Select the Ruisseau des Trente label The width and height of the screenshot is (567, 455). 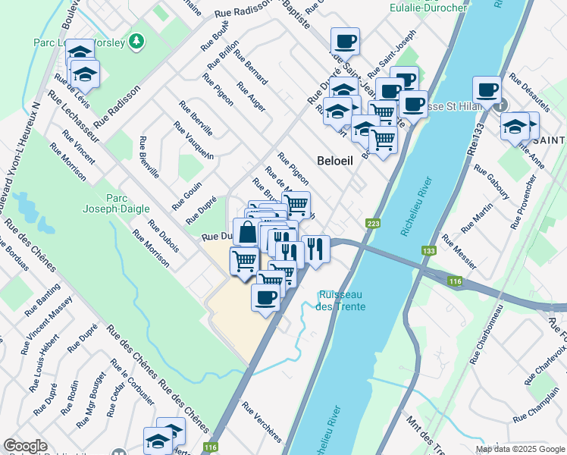pos(342,300)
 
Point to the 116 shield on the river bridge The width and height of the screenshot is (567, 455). pos(455,282)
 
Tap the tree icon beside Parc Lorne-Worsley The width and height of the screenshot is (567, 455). pos(136,41)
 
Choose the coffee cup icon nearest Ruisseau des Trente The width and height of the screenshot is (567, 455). pos(265,297)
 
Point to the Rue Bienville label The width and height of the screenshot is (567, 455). pos(148,157)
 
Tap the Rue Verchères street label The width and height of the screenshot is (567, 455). pos(262,423)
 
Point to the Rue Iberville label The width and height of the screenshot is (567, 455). pos(196,118)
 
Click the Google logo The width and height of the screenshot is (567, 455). pos(25,446)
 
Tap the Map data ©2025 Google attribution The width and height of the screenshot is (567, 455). pos(519,449)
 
